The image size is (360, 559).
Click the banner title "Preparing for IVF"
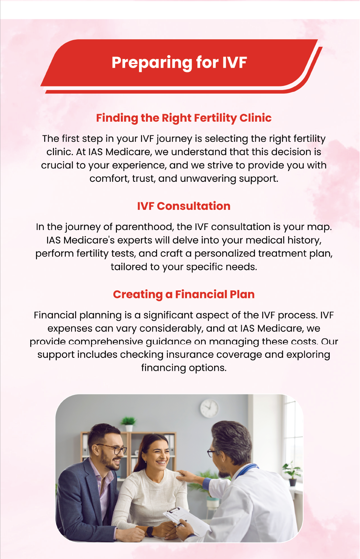pyautogui.click(x=179, y=63)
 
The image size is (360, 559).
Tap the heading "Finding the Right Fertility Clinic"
pyautogui.click(x=184, y=118)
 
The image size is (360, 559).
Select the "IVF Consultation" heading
pyautogui.click(x=184, y=206)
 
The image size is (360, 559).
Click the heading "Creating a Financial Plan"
pyautogui.click(x=184, y=294)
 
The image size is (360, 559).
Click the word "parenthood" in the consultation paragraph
pyautogui.click(x=144, y=227)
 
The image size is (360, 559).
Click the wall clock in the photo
pyautogui.click(x=209, y=408)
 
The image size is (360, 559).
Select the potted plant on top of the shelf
pyautogui.click(x=128, y=424)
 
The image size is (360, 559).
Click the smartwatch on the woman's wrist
pyautogui.click(x=150, y=531)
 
